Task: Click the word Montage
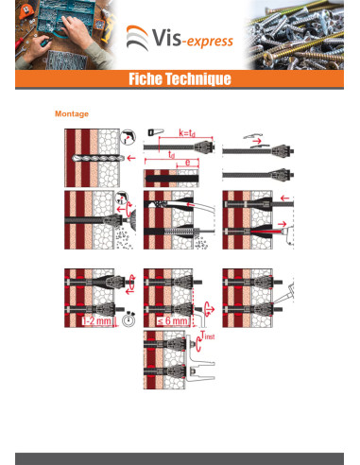pos(72,113)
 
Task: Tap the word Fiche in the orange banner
pos(146,78)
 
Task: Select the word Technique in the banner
pos(198,79)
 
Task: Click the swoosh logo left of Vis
pos(137,38)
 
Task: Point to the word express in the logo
pos(212,42)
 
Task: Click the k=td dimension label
pos(187,133)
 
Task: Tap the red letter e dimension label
pos(187,163)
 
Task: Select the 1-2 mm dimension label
pos(97,321)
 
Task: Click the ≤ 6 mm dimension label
pos(173,320)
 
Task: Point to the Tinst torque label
pos(208,336)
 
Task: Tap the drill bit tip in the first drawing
pos(73,158)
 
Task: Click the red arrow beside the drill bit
pos(131,158)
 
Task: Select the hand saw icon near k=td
pos(155,131)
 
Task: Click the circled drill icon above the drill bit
pos(128,137)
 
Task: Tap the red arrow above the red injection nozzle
pos(283,224)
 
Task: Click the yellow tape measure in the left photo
pos(25,11)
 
